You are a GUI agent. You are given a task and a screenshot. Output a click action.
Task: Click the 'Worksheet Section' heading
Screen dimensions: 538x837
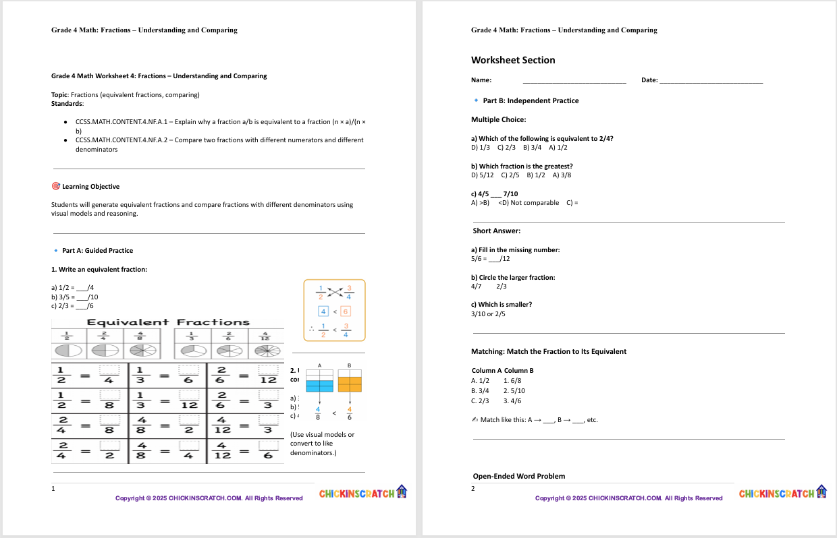(x=513, y=60)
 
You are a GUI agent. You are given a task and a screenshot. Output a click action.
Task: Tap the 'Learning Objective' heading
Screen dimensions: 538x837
(x=90, y=187)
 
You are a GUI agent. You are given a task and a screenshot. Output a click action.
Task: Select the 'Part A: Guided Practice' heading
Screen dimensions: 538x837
(x=97, y=251)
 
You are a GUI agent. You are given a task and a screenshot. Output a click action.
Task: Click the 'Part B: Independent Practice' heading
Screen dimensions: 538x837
(x=531, y=101)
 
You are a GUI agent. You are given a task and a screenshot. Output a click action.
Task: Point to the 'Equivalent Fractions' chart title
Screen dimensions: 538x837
(x=168, y=322)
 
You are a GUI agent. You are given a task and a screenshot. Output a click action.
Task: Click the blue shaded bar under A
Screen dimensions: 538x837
(x=319, y=386)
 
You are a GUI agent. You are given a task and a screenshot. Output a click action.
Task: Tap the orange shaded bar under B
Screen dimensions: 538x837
(x=350, y=384)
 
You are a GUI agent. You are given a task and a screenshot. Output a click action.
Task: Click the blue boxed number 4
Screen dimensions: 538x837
(x=324, y=311)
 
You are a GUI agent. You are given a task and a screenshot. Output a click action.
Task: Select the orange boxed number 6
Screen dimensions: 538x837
(x=345, y=311)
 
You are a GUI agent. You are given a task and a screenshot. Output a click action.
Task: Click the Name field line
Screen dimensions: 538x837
(x=574, y=82)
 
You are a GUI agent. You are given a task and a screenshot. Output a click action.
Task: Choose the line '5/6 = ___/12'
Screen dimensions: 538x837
(x=490, y=259)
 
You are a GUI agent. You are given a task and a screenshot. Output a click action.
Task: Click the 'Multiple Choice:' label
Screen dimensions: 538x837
(x=498, y=120)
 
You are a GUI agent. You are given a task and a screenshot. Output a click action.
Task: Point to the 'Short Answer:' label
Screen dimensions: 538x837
(x=496, y=231)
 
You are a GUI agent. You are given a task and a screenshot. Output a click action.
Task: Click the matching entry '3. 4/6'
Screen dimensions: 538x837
(x=512, y=400)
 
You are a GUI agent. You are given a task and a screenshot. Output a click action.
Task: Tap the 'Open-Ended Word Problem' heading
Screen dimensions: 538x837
(x=518, y=476)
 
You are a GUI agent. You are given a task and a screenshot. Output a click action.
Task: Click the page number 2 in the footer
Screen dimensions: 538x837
(x=473, y=488)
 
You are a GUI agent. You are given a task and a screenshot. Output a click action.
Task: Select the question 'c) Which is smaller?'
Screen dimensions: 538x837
(x=501, y=305)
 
